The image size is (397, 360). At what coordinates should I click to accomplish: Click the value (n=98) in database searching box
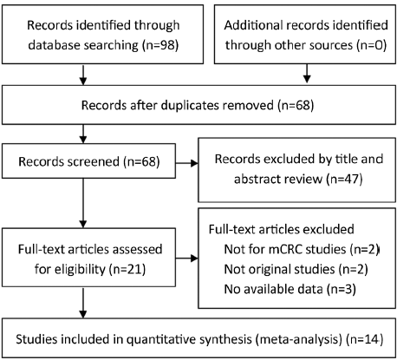point(160,45)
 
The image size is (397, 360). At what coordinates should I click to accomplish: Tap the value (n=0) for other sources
point(372,45)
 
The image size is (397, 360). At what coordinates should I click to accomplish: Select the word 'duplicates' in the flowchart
point(217,105)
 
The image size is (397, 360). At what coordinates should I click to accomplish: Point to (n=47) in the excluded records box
point(345,179)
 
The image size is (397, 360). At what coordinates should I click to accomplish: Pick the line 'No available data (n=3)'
point(290,289)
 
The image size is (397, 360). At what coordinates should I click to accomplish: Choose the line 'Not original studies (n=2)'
point(296,269)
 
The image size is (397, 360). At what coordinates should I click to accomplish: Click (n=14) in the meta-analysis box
point(365,339)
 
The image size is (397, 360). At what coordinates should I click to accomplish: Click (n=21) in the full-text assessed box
point(127,269)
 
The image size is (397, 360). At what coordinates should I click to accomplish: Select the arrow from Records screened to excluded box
point(186,163)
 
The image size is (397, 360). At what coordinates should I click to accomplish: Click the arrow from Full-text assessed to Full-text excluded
point(186,258)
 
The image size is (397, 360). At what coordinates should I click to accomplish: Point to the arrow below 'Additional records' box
point(307,74)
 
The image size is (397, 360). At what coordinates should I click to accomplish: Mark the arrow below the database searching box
point(83,75)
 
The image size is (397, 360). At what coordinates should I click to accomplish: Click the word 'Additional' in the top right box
point(253,25)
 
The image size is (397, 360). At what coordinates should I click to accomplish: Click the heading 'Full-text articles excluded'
point(281,229)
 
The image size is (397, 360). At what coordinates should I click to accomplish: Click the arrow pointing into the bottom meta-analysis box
point(83,303)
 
